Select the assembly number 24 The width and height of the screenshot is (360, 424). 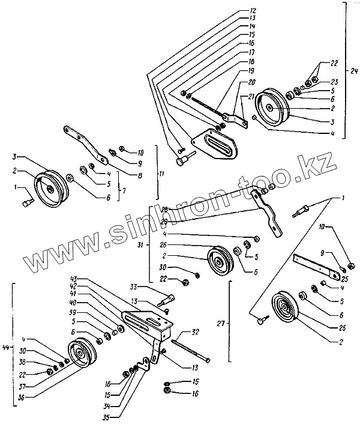coord(354,71)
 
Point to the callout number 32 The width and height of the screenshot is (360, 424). coord(195,332)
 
